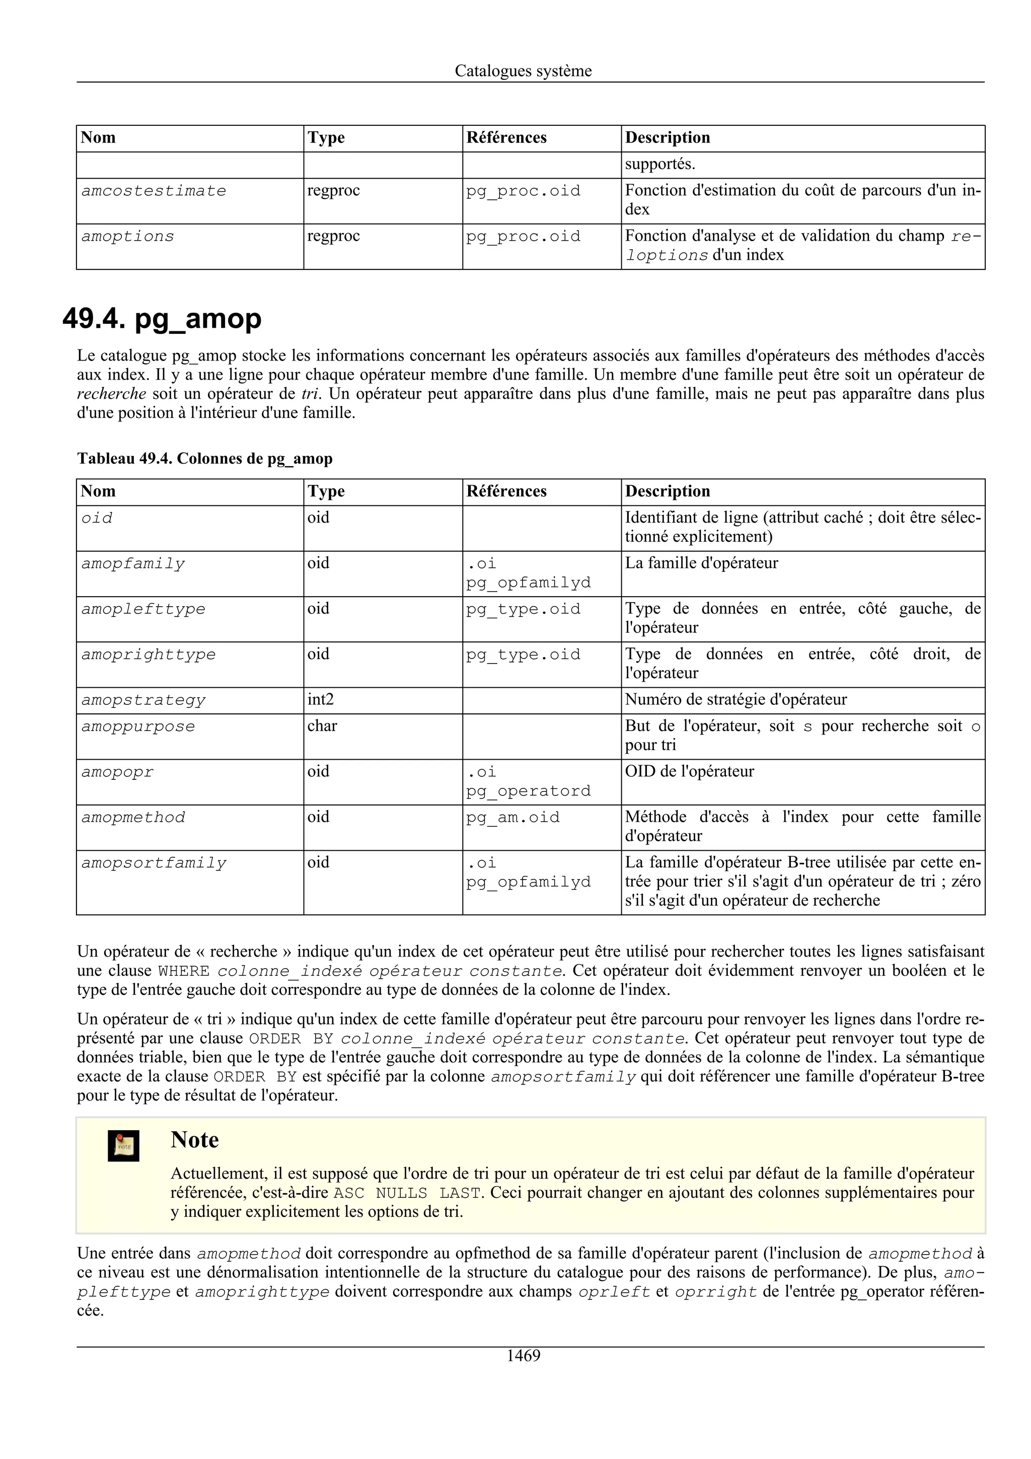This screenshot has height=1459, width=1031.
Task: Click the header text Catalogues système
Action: click(523, 71)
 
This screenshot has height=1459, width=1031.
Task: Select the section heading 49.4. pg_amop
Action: click(162, 319)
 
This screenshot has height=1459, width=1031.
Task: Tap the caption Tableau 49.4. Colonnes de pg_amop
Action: click(204, 459)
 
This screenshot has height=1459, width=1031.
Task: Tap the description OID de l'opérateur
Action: click(689, 771)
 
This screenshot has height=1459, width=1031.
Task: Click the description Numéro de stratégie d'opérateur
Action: click(735, 700)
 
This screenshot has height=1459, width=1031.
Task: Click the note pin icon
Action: click(123, 1146)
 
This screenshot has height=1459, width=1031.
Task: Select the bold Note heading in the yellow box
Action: click(194, 1140)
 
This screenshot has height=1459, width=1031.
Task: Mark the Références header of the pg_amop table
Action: click(506, 491)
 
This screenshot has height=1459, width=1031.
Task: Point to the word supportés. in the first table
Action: click(660, 165)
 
